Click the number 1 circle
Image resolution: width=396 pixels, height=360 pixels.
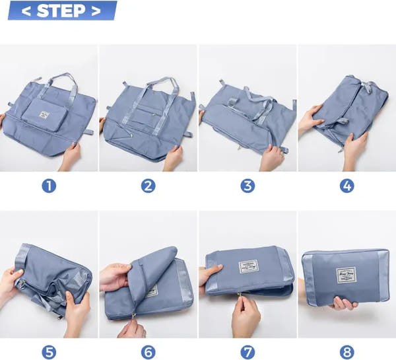(49, 186)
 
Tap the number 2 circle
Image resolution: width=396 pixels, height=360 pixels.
(148, 186)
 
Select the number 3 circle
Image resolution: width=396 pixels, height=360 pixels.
(247, 186)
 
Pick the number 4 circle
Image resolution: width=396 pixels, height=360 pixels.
(346, 186)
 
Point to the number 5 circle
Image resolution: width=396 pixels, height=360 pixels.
(49, 351)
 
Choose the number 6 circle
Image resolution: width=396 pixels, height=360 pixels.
(148, 351)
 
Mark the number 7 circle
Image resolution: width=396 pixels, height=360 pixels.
(247, 351)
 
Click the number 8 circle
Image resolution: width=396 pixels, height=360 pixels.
(346, 351)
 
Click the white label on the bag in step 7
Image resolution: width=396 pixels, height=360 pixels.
(248, 268)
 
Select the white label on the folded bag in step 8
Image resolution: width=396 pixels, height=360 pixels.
(346, 275)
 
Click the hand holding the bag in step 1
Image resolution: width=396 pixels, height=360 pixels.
(69, 157)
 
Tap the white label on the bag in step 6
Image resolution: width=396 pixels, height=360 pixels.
(152, 291)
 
